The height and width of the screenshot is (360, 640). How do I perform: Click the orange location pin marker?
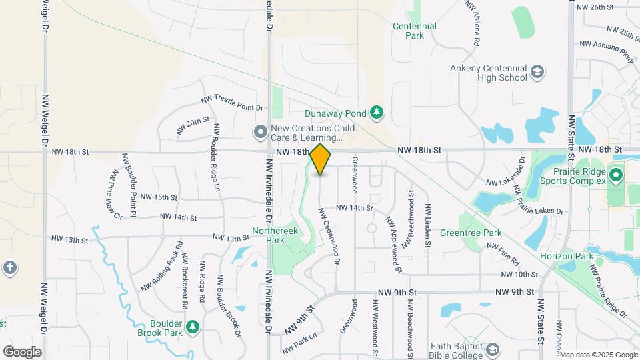click(x=320, y=159)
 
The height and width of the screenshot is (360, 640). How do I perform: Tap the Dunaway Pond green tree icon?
click(x=377, y=112)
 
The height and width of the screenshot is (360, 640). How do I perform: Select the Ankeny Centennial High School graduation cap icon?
click(x=537, y=71)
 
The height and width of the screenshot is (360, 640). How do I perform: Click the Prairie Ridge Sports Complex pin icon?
click(x=616, y=176)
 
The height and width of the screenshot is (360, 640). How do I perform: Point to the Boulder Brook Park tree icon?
click(x=193, y=326)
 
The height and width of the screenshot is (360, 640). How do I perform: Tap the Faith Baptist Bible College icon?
click(x=492, y=349)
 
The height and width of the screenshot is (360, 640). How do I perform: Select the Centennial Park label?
click(x=415, y=31)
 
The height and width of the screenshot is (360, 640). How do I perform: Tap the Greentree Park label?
click(x=471, y=233)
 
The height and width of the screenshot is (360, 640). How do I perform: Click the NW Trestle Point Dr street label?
click(x=232, y=103)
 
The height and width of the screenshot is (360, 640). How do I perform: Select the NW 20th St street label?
click(x=193, y=125)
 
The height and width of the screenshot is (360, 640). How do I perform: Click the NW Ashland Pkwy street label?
click(x=607, y=51)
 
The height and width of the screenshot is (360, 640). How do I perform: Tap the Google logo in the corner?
click(x=22, y=351)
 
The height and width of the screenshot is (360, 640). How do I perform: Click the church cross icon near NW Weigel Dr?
click(x=9, y=268)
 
